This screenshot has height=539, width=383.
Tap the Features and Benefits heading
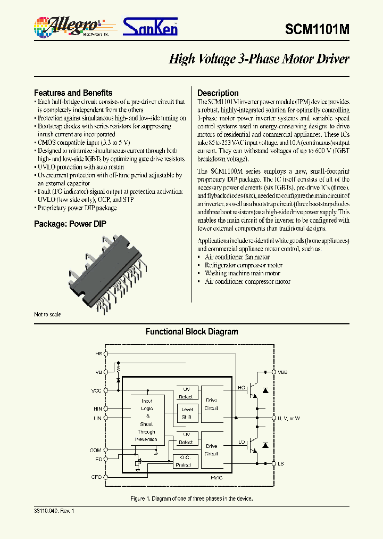(73, 93)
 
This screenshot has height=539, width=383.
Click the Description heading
(218, 93)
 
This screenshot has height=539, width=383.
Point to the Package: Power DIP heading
(70, 224)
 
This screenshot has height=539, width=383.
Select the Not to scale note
(47, 314)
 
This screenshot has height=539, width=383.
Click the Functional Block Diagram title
(191, 332)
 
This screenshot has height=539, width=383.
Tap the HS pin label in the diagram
(98, 354)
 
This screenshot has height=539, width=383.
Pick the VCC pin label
(96, 390)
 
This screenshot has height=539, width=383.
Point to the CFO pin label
(96, 477)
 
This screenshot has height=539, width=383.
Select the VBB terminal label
(282, 372)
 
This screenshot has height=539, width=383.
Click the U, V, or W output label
(288, 418)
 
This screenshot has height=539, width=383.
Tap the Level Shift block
(187, 413)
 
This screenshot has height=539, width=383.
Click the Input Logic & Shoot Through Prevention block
(146, 420)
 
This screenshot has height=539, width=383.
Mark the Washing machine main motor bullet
(242, 273)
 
